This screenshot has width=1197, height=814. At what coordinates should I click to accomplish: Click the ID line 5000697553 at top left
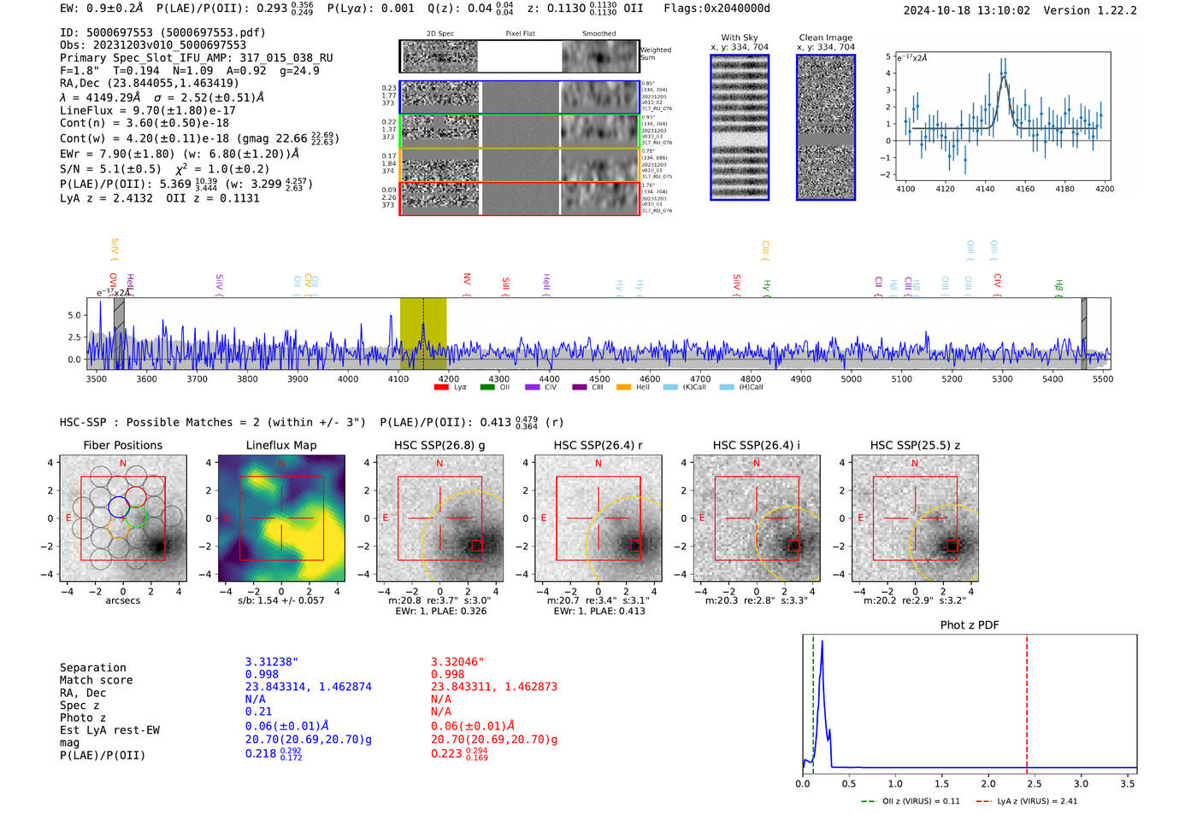tap(162, 32)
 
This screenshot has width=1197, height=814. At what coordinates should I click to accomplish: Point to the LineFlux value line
tap(147, 110)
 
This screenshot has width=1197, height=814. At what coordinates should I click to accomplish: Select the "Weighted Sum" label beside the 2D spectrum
tap(656, 54)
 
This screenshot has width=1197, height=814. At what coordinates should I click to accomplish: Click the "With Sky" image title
tap(739, 38)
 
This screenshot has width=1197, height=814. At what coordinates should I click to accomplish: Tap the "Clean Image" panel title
tap(825, 38)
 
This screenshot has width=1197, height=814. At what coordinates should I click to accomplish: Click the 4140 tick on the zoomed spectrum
tap(985, 189)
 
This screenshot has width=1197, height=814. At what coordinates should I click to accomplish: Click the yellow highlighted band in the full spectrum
tap(423, 333)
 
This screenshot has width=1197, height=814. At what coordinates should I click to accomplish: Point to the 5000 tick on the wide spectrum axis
tap(851, 378)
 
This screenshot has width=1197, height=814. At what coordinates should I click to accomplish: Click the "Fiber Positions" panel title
tap(122, 445)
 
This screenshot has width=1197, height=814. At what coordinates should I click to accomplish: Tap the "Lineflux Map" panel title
tap(280, 445)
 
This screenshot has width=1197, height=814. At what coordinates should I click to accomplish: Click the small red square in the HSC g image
tap(477, 546)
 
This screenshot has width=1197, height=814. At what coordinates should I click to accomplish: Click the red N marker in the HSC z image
tap(915, 463)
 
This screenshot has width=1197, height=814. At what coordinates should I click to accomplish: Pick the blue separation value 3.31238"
tap(271, 662)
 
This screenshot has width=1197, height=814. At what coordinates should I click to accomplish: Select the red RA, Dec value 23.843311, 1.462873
tap(493, 687)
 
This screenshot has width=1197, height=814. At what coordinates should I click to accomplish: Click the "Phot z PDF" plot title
tap(970, 625)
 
